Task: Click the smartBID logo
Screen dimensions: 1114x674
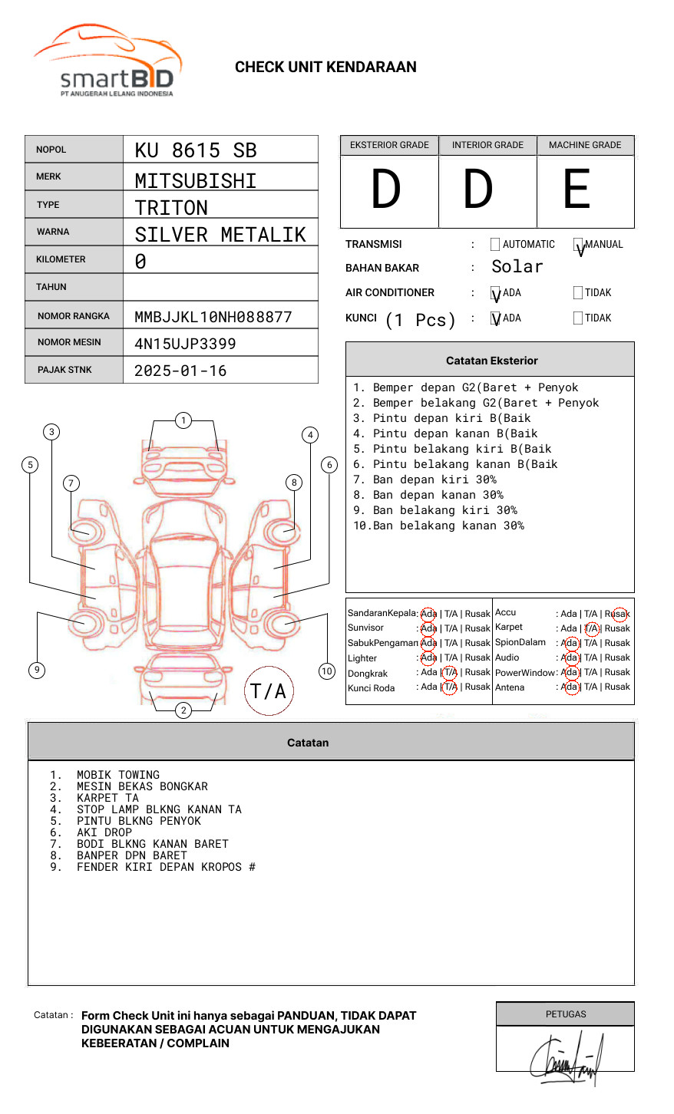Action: click(107, 61)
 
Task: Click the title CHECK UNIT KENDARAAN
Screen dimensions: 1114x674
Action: click(325, 68)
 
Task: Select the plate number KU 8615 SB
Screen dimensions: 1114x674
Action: click(196, 150)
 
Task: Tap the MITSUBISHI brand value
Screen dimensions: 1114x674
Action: click(196, 181)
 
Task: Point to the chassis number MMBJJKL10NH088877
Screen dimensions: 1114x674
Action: click(213, 317)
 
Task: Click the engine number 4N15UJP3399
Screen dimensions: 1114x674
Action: click(185, 344)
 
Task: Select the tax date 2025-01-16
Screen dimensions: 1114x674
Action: click(180, 371)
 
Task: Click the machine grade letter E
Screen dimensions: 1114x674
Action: click(577, 190)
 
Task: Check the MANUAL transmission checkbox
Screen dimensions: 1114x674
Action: click(578, 245)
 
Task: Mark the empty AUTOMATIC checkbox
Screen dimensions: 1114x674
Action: click(495, 245)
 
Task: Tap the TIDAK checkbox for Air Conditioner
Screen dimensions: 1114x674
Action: click(578, 293)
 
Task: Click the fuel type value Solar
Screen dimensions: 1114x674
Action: click(517, 267)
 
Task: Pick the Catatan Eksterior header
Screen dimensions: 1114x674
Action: click(491, 361)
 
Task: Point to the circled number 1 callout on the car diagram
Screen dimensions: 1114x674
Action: click(183, 420)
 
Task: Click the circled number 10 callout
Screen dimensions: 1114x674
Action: click(327, 671)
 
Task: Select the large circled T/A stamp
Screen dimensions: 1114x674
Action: click(269, 691)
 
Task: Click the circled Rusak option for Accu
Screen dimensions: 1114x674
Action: click(619, 614)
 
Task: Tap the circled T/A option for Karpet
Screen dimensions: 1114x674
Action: click(591, 628)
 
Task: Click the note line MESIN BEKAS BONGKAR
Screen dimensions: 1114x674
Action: click(142, 786)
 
